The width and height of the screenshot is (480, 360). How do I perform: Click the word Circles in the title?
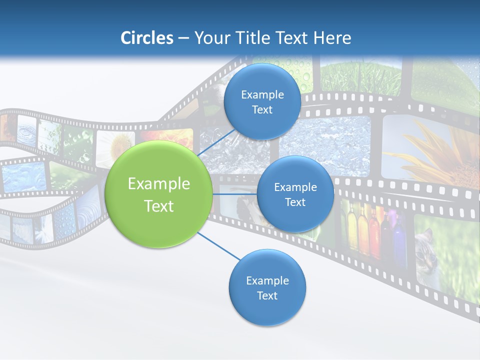click(x=147, y=38)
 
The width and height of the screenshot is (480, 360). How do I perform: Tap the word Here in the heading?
click(x=332, y=38)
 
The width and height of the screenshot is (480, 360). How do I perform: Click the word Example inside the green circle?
click(x=159, y=184)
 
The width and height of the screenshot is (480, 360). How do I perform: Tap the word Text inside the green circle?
click(x=159, y=206)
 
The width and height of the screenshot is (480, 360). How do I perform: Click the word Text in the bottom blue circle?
click(x=267, y=295)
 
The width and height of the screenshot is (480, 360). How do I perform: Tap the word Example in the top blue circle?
click(x=262, y=95)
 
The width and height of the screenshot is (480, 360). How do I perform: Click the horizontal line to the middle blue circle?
click(x=234, y=194)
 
